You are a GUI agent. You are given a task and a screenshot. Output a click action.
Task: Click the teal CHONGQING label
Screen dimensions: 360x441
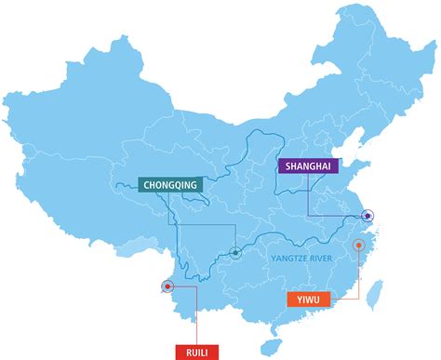tap(169, 185)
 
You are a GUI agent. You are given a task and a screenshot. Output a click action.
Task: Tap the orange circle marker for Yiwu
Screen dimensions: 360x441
tap(358, 246)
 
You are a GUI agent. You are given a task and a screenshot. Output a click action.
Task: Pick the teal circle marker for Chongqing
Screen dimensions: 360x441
tap(236, 251)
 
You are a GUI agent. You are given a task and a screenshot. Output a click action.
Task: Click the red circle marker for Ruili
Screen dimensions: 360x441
tap(167, 286)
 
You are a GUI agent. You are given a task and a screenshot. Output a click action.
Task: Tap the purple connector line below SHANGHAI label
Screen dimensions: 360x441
tap(308, 195)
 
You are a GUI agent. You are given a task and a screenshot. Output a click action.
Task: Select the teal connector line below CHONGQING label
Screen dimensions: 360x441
tap(170, 209)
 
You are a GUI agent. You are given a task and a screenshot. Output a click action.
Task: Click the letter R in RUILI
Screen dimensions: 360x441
tap(188, 352)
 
